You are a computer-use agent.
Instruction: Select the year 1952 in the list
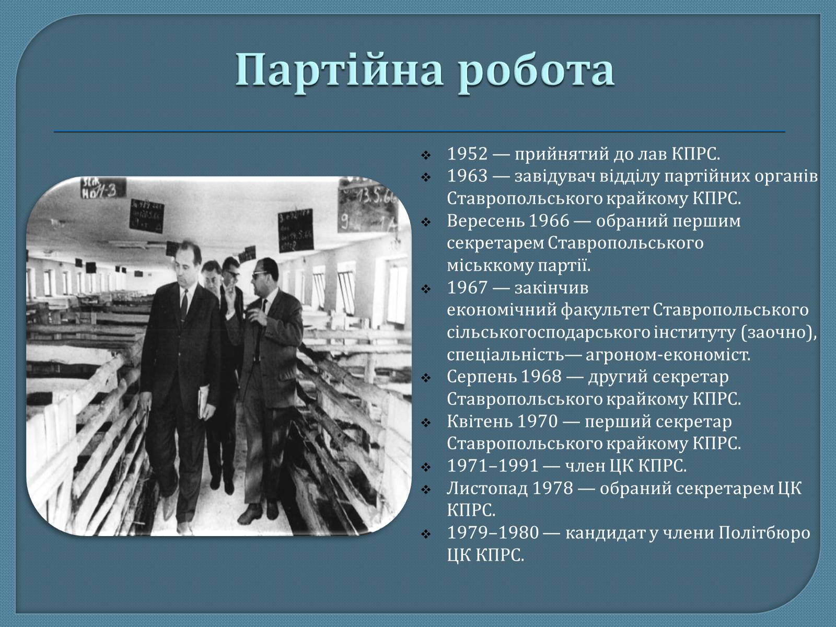coord(467,154)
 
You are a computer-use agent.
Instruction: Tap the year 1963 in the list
coord(467,176)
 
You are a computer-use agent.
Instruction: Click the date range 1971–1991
coord(493,466)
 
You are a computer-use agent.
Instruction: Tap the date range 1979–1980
coord(493,533)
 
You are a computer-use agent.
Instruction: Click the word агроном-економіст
coord(668,355)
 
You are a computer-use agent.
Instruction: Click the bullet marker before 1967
coord(425,289)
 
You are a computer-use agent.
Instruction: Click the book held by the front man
coord(203,402)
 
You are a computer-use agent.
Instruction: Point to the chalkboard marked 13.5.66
coord(367,205)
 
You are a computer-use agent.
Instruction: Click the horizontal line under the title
coord(420,132)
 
